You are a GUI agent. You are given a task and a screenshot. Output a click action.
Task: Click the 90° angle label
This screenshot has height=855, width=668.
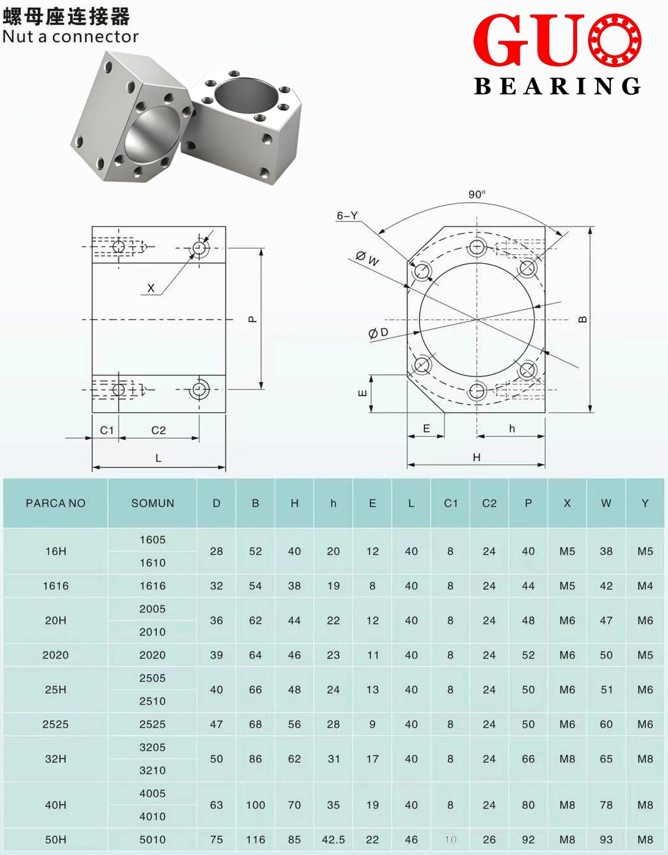click(x=476, y=194)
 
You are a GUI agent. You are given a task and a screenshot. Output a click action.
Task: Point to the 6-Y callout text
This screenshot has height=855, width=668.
click(x=347, y=216)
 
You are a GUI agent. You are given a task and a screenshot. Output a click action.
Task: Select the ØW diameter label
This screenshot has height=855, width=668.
click(x=368, y=259)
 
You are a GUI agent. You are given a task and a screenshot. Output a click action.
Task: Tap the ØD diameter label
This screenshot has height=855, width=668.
click(x=378, y=333)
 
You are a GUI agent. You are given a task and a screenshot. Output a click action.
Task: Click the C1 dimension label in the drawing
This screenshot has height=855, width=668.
click(x=106, y=430)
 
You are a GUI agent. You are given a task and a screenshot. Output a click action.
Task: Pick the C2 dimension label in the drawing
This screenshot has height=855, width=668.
click(x=159, y=430)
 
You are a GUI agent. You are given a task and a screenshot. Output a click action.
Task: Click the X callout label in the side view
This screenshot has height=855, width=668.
click(x=151, y=288)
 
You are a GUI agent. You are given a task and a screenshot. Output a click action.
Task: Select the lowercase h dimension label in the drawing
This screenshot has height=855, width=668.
click(x=512, y=428)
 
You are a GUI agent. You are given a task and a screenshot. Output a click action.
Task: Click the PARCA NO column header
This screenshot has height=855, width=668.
click(x=55, y=503)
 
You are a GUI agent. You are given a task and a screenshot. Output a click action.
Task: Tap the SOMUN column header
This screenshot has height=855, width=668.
click(x=153, y=503)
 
